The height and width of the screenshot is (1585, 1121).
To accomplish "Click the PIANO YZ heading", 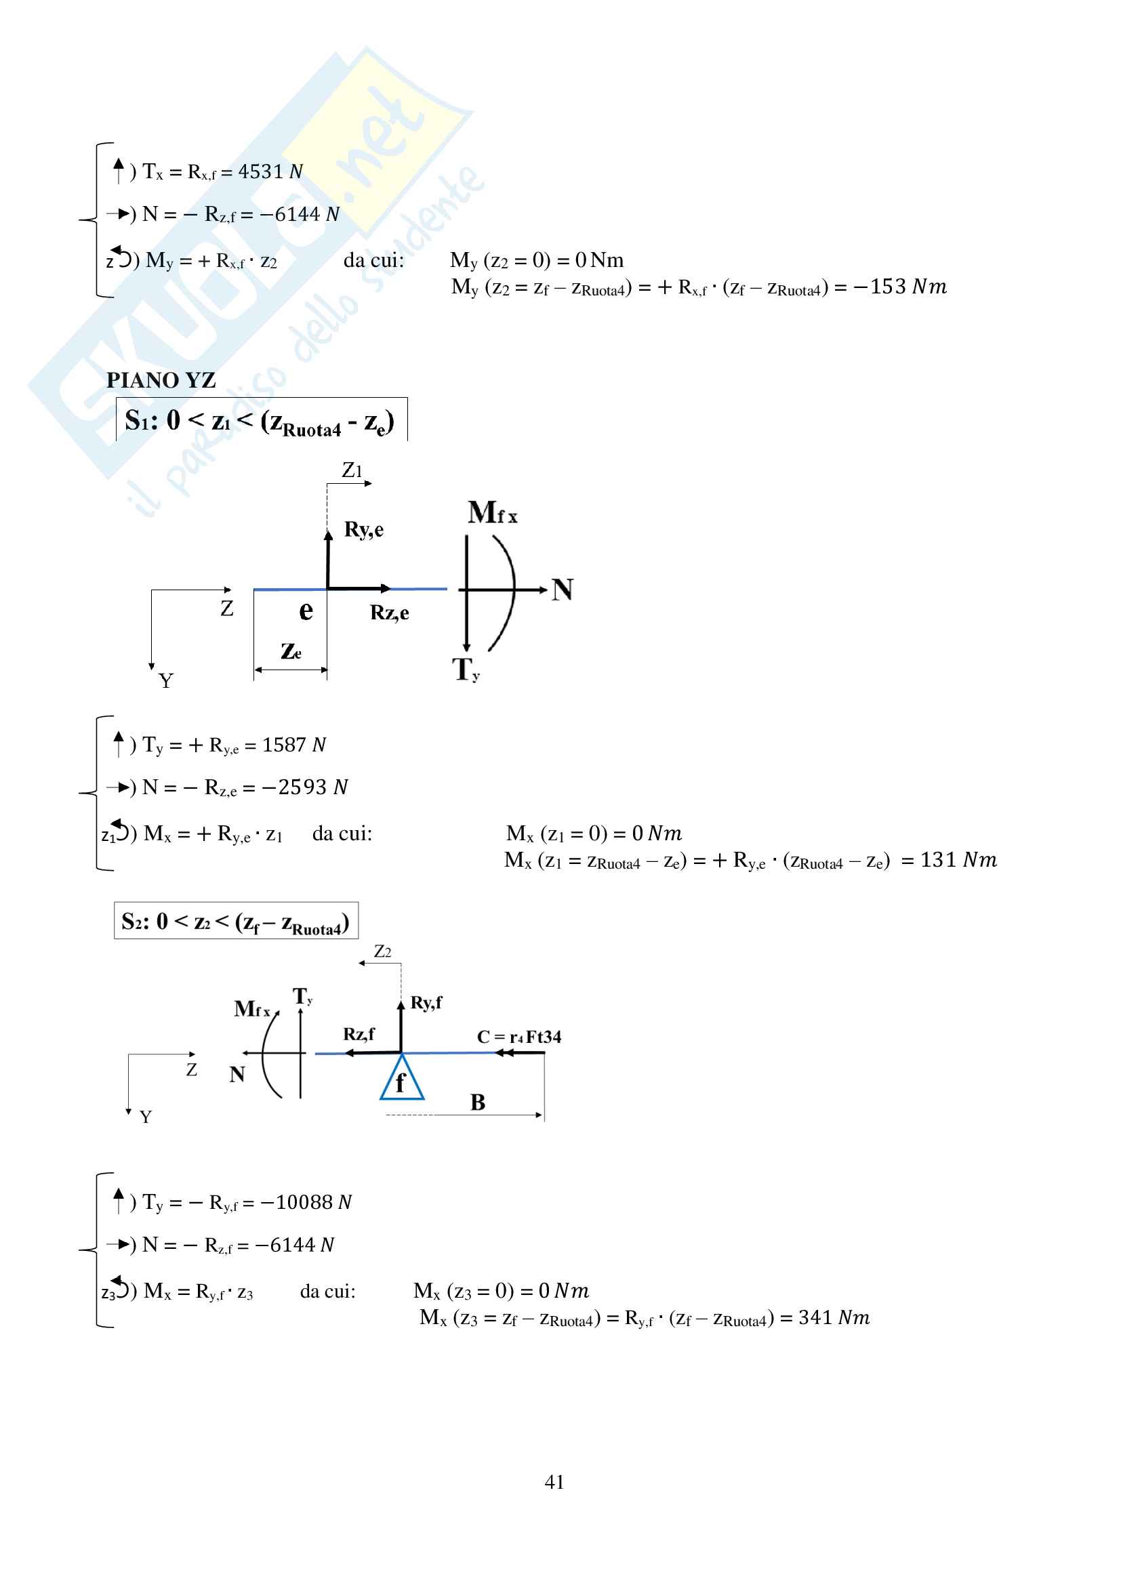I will tap(161, 379).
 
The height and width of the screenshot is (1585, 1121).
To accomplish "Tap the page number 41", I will tap(554, 1481).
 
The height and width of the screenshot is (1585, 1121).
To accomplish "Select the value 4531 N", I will tap(270, 171).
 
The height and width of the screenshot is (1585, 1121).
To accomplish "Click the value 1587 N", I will tap(293, 744).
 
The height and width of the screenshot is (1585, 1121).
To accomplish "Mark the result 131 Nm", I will tap(958, 859).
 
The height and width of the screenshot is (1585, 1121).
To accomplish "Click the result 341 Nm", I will tap(833, 1317).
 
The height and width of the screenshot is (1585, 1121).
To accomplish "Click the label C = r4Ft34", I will tap(518, 1037).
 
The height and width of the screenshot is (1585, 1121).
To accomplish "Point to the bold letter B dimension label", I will tap(478, 1103).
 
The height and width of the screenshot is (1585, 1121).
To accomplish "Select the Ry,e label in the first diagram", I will tap(364, 529).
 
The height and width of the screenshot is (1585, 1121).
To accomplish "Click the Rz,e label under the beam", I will tap(389, 613).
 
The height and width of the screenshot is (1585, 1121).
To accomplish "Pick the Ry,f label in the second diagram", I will tap(426, 1002).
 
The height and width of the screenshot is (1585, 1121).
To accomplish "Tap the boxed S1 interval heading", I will tap(260, 420).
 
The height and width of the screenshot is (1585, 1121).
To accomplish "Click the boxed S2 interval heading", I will tap(235, 922).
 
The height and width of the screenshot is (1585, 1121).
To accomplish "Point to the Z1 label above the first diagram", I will tap(352, 471).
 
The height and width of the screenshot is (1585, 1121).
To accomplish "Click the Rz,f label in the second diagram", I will tap(359, 1033).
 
